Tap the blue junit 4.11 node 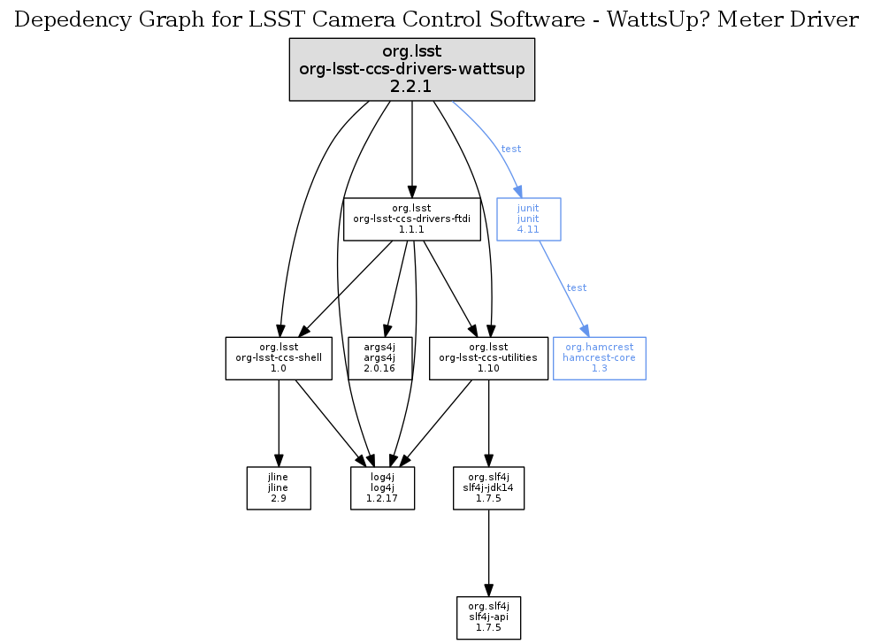pos(528,218)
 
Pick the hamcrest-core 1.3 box pos(599,358)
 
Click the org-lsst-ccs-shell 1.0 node pos(279,358)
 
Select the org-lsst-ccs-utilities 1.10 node pos(488,358)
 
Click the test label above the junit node pos(510,149)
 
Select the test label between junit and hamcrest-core pos(576,287)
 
